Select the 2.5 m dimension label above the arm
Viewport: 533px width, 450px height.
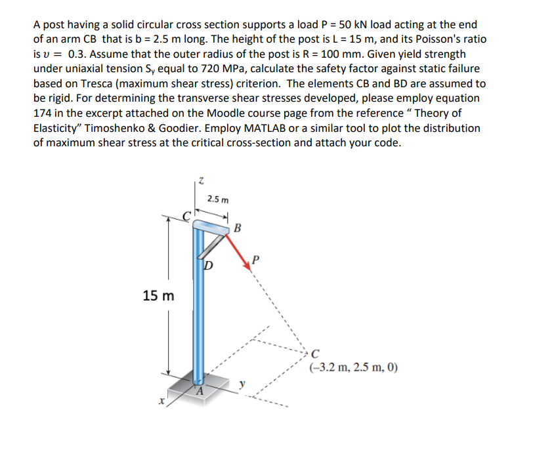(x=217, y=199)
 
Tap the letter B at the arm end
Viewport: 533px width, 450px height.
(x=237, y=229)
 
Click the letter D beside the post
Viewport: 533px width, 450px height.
(x=207, y=266)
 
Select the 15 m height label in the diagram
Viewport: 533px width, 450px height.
(x=159, y=296)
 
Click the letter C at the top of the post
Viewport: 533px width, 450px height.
(x=186, y=215)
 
